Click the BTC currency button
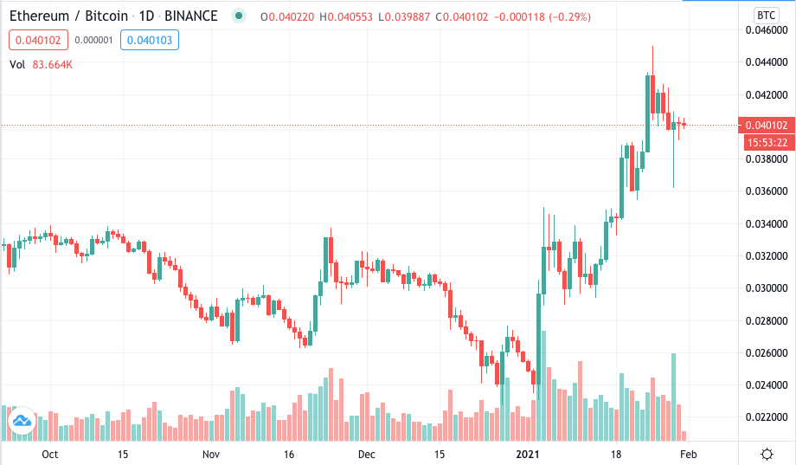coord(766,16)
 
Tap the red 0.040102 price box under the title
coord(38,40)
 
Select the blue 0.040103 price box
coord(149,40)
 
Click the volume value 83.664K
coord(52,65)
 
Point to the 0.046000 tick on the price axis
coord(766,30)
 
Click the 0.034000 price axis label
coord(766,223)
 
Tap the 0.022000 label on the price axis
coord(766,417)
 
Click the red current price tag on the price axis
coord(767,125)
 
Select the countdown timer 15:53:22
coord(767,143)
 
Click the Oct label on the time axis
coord(50,454)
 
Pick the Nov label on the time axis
coord(210,454)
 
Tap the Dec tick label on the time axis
coord(367,454)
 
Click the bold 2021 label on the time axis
coord(528,454)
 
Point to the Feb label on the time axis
coord(689,454)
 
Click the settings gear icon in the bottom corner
coord(767,454)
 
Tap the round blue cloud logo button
coord(22,421)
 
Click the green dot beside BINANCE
coord(238,16)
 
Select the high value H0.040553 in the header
coord(346,16)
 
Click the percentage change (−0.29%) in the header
coord(571,16)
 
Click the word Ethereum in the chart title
coord(39,16)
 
